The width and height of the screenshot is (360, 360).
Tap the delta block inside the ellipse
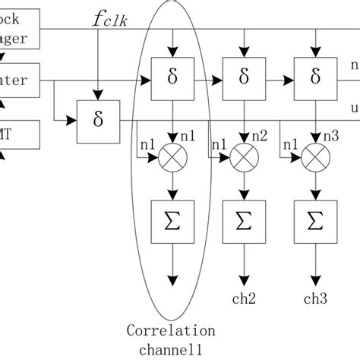[x=175, y=77]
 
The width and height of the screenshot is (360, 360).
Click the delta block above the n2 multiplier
[x=243, y=77]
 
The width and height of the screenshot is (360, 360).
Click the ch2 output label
[x=243, y=299]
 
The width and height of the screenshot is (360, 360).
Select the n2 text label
[x=261, y=136]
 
